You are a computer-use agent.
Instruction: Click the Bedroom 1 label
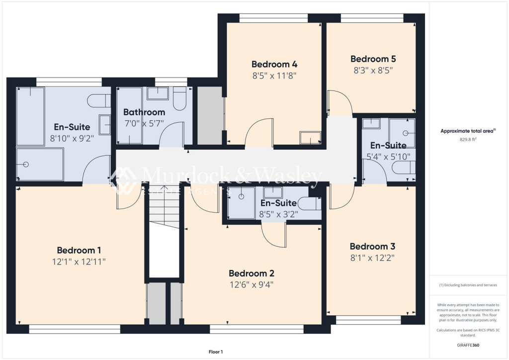[79, 250]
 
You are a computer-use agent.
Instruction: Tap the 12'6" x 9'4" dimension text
[251, 284]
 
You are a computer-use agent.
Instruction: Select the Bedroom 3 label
[372, 247]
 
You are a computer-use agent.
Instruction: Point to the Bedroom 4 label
[274, 64]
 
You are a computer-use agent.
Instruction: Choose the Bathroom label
[144, 112]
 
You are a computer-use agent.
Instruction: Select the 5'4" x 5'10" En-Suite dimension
[388, 157]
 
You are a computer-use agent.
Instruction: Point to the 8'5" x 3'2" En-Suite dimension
[278, 214]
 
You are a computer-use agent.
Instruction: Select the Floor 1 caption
[215, 352]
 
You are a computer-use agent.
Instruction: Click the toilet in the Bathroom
[180, 97]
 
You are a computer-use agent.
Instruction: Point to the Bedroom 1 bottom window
[75, 329]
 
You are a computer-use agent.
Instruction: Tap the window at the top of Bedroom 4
[273, 18]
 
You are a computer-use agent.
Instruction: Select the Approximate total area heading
[467, 131]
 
